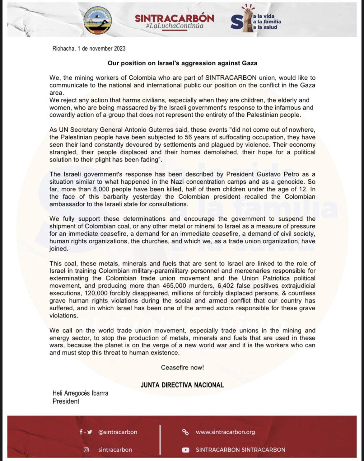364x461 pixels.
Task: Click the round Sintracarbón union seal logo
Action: coord(98,20)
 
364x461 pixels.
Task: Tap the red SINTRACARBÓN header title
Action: coord(175,18)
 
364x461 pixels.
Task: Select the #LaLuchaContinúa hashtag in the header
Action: coord(175,26)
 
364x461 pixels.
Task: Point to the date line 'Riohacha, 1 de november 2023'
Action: coord(89,49)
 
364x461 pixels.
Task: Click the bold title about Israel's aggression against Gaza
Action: coord(182,63)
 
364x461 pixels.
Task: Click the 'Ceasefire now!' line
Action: coord(182,368)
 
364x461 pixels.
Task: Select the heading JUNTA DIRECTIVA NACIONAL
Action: coord(182,385)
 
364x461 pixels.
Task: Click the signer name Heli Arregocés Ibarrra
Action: coord(80,393)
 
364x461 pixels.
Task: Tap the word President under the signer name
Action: coord(66,401)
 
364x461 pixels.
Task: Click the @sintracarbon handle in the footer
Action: coord(118,432)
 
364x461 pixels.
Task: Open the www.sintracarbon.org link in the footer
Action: coord(225,432)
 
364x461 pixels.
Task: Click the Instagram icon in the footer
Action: coord(86,450)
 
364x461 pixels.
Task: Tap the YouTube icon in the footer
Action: coord(186,450)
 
